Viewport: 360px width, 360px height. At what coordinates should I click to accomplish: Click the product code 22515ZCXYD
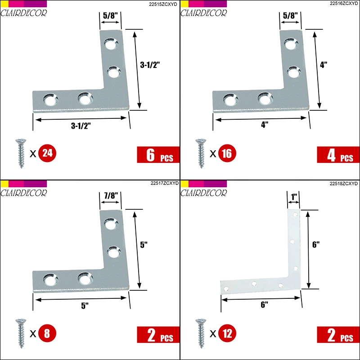coord(163,4)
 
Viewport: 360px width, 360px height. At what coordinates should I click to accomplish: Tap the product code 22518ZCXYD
coord(344,184)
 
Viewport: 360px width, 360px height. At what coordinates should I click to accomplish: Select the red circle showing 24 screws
coord(47,153)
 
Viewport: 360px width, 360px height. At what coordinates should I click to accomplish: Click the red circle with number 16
coord(227,153)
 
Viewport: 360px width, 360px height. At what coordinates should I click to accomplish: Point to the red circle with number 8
coord(47,333)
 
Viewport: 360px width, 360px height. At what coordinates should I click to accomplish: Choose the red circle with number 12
coord(227,333)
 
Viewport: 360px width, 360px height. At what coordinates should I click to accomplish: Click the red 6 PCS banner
coord(158,155)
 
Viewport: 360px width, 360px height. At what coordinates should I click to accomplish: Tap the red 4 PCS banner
coord(338,155)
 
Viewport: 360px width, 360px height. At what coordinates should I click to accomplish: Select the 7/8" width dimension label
coord(111,196)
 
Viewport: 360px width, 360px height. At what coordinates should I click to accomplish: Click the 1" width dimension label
coord(294,197)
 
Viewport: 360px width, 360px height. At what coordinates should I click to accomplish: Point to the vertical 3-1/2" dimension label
coord(150,65)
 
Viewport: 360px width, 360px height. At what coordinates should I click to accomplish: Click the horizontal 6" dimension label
coord(265,305)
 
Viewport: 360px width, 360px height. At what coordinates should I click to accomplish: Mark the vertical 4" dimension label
coord(324,65)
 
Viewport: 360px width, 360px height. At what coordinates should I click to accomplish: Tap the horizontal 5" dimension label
coord(85,306)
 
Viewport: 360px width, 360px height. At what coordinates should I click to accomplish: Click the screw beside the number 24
coord(21,153)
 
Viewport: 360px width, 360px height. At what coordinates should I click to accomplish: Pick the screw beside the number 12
coord(201,333)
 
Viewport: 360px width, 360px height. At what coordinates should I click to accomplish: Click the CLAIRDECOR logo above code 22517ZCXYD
coord(23,193)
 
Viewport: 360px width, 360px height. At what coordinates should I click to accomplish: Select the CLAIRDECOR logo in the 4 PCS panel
coord(203,13)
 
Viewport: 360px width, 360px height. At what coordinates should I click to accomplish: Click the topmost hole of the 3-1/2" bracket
coord(111,44)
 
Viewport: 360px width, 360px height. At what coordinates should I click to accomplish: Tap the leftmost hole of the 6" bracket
coord(226,289)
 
